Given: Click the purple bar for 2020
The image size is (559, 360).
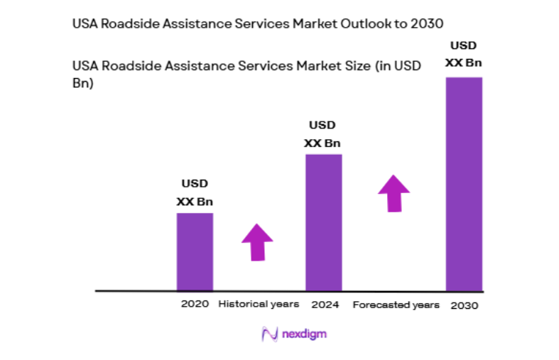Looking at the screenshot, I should tap(195, 251).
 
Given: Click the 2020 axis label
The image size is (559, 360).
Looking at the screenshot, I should tap(195, 304).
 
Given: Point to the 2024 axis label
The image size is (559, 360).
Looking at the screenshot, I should tap(325, 305).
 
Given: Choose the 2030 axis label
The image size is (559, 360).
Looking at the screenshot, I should tap(464, 305).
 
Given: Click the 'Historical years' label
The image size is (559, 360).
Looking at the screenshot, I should tap(259, 304).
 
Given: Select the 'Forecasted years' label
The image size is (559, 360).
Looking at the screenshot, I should tap(396, 305).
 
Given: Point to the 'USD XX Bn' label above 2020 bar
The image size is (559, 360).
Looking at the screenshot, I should tap(195, 192).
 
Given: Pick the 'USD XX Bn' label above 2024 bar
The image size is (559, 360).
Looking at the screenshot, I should tap(322, 133).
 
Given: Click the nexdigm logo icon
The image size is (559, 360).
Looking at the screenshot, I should tap(269, 333).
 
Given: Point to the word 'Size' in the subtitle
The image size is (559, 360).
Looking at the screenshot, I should tap(353, 66).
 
